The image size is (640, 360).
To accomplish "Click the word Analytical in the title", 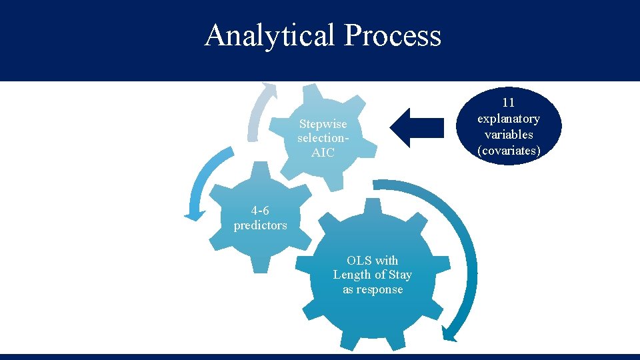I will point(270,35).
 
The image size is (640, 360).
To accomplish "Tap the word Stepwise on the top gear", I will point(323,124).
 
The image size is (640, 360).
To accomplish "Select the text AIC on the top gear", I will point(323,153).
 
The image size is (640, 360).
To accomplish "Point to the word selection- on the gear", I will point(323,139).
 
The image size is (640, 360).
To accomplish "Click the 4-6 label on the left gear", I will point(260,211).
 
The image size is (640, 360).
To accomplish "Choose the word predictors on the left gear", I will point(260,225).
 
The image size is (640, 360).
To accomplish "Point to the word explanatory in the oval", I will point(509,119).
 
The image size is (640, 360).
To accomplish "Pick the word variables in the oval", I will point(509,135).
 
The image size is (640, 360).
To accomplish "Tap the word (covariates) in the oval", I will point(509,151).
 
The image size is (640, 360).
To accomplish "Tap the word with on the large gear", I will point(386,260).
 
